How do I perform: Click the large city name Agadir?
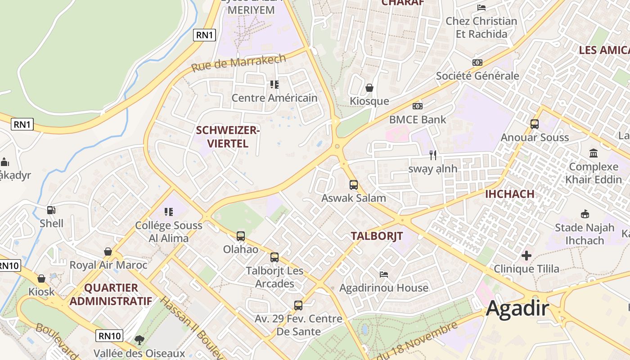click(x=517, y=309)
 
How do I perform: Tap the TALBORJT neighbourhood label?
click(x=377, y=236)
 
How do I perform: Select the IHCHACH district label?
click(x=509, y=194)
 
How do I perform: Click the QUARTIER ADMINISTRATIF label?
click(x=111, y=294)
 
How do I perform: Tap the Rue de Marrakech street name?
click(x=238, y=63)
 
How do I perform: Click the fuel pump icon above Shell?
click(x=51, y=210)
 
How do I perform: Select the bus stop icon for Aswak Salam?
click(x=354, y=184)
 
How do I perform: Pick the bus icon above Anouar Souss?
click(x=535, y=124)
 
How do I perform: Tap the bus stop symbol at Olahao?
click(x=241, y=236)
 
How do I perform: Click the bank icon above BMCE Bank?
click(x=418, y=106)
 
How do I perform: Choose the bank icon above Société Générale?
click(x=477, y=63)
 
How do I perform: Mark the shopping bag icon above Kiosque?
click(x=369, y=88)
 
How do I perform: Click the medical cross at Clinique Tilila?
click(x=526, y=256)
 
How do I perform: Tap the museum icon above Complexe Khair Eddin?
click(x=593, y=153)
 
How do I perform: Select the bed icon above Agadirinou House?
click(x=384, y=274)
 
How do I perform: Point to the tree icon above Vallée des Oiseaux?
click(x=139, y=340)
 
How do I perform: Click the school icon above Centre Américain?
click(x=274, y=84)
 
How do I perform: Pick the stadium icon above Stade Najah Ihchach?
click(x=585, y=214)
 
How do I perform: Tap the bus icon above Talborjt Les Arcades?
click(x=274, y=257)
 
